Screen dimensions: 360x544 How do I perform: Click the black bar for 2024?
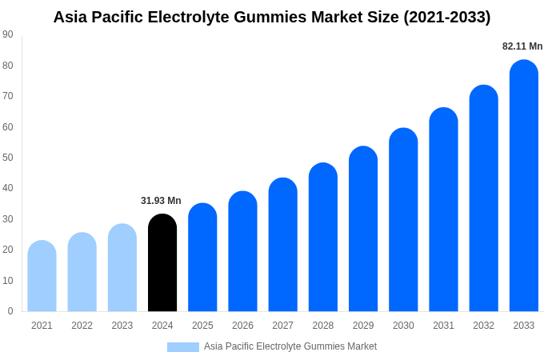[x=162, y=264]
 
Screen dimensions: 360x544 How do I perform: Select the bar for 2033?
[x=524, y=188]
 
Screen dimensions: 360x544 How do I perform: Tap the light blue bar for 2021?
[x=42, y=277]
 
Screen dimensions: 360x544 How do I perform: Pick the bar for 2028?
[x=323, y=238]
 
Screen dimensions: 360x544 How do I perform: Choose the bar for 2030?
[x=403, y=221]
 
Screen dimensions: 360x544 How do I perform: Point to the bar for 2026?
[x=242, y=252]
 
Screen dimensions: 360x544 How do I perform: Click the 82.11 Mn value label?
[x=522, y=46]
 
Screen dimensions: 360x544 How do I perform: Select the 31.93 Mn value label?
[x=161, y=201]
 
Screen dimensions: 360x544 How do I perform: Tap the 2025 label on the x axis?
[x=202, y=326]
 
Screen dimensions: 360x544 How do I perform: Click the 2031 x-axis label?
[x=443, y=326]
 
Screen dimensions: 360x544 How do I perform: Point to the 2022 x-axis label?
[x=82, y=326]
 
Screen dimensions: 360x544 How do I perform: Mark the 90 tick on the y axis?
[x=7, y=34]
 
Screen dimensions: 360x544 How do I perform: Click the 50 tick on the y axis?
[x=7, y=158]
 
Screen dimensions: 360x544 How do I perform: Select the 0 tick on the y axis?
[x=10, y=311]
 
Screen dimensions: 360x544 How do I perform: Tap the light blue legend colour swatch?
[x=182, y=347]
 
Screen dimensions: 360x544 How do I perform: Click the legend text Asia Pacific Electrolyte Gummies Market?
[x=290, y=346]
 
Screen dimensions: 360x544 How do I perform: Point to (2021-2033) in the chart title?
[x=446, y=17]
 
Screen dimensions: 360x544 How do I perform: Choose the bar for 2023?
[x=122, y=269]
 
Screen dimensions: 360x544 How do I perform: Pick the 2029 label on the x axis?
[x=363, y=326]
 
